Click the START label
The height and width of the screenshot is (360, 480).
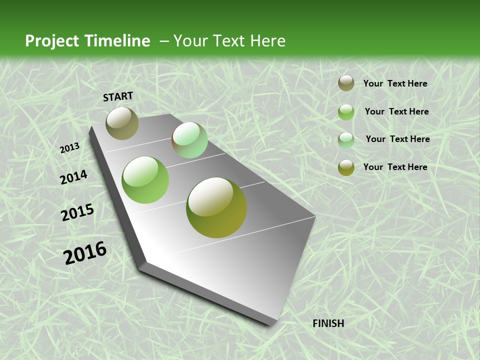118,96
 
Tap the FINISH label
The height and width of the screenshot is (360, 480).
328,323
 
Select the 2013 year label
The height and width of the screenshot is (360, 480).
69,148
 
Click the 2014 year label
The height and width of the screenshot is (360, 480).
73,177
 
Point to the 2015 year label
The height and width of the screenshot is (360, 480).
77,212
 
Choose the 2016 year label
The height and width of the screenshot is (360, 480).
85,253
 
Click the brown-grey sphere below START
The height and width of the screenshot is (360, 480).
122,123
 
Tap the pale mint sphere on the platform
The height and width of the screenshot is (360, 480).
189,140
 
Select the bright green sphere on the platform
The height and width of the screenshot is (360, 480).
145,180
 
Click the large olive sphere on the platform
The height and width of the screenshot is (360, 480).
216,207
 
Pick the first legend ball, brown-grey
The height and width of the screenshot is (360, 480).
346,83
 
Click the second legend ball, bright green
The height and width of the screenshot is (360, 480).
346,112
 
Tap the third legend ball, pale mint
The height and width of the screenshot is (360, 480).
346,140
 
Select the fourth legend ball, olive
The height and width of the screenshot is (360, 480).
346,167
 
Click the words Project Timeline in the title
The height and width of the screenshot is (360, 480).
87,41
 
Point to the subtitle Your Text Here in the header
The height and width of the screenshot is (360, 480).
229,41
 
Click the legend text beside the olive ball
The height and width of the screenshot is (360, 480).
395,167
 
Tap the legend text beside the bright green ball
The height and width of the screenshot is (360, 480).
396,111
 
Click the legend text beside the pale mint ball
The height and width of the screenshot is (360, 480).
397,139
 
